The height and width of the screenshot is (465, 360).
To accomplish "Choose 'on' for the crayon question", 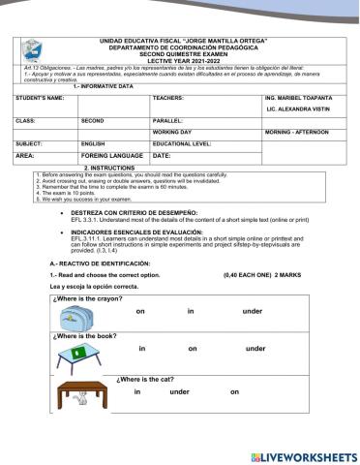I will pos(140,310).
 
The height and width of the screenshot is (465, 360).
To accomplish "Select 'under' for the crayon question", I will pos(253,310).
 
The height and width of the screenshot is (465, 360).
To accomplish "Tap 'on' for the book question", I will pos(193,348).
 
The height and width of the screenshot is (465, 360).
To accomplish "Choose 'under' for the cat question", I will pos(179,391).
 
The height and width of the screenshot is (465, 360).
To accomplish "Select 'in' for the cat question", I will pos(137,391).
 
